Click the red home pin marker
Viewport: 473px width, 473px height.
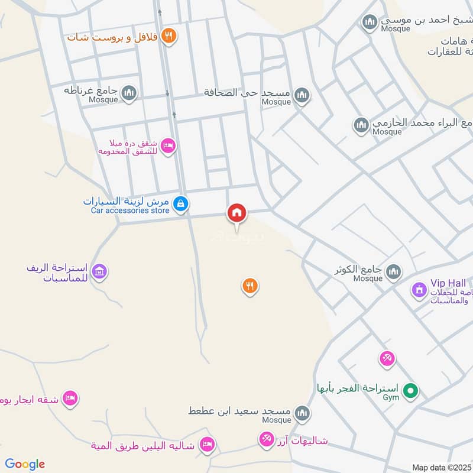point(237,213)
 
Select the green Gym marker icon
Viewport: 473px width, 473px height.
point(410,391)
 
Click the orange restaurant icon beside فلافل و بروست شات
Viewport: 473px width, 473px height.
point(170,37)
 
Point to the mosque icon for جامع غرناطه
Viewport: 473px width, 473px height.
point(129,93)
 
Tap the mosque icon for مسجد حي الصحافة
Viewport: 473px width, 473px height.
point(302,95)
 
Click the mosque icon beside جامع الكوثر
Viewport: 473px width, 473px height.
point(393,272)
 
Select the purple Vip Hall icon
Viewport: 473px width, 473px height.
point(419,290)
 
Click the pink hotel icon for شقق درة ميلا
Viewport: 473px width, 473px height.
point(168,146)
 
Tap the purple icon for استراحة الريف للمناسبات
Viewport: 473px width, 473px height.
point(101,272)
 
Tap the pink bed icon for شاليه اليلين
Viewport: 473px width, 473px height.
point(206,445)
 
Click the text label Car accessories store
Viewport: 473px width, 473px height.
point(130,210)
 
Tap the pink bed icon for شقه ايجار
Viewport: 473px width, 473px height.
point(70,399)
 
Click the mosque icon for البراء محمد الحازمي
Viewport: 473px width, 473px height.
point(361,125)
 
